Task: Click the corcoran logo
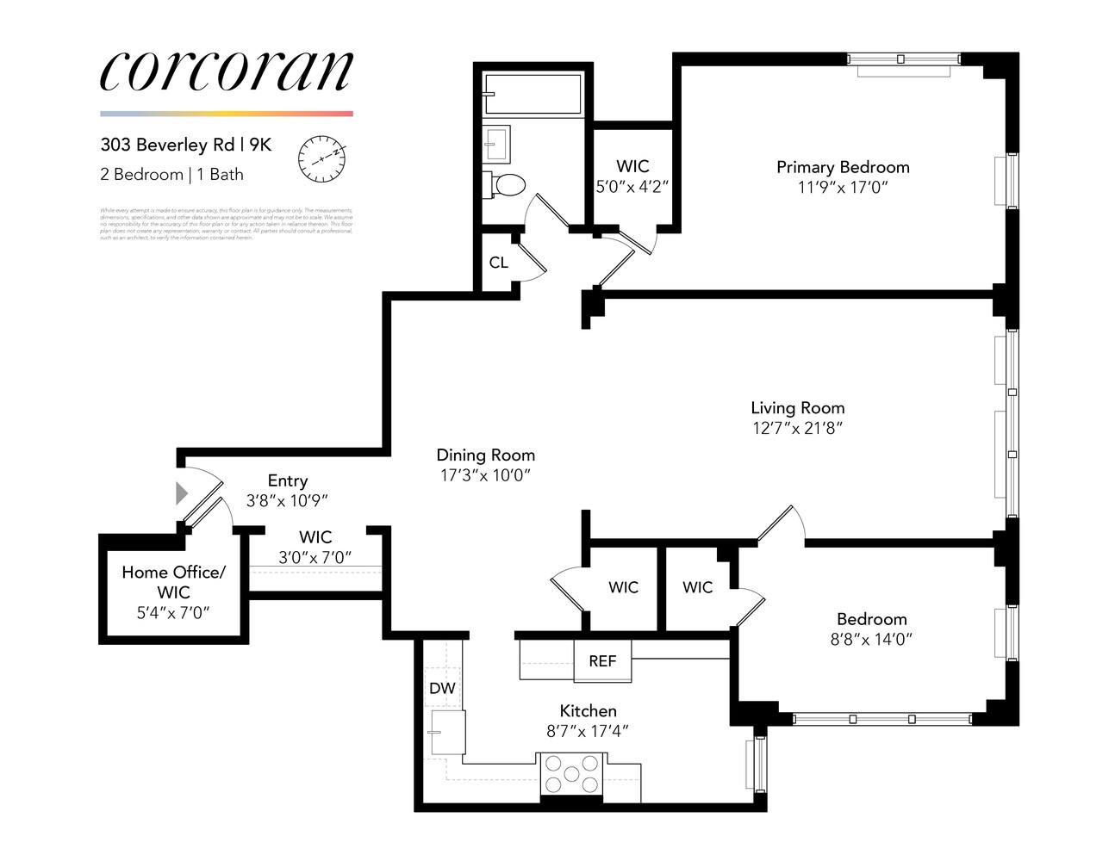[226, 71]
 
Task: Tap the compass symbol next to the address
[321, 158]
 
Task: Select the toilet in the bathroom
[507, 184]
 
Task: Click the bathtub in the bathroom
[532, 94]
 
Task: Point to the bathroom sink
[496, 144]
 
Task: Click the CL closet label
[498, 263]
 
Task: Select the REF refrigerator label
[602, 661]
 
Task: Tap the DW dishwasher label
[442, 688]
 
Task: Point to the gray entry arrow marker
[181, 493]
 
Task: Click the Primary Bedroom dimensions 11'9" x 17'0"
[842, 188]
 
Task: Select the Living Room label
[797, 408]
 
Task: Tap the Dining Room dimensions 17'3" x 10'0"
[485, 475]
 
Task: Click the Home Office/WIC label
[173, 582]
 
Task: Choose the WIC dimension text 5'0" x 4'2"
[632, 187]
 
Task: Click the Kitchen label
[588, 710]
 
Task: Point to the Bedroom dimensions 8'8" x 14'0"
[871, 639]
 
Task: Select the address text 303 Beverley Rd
[167, 145]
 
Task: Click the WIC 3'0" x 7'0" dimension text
[315, 558]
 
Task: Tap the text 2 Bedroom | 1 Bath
[171, 174]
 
